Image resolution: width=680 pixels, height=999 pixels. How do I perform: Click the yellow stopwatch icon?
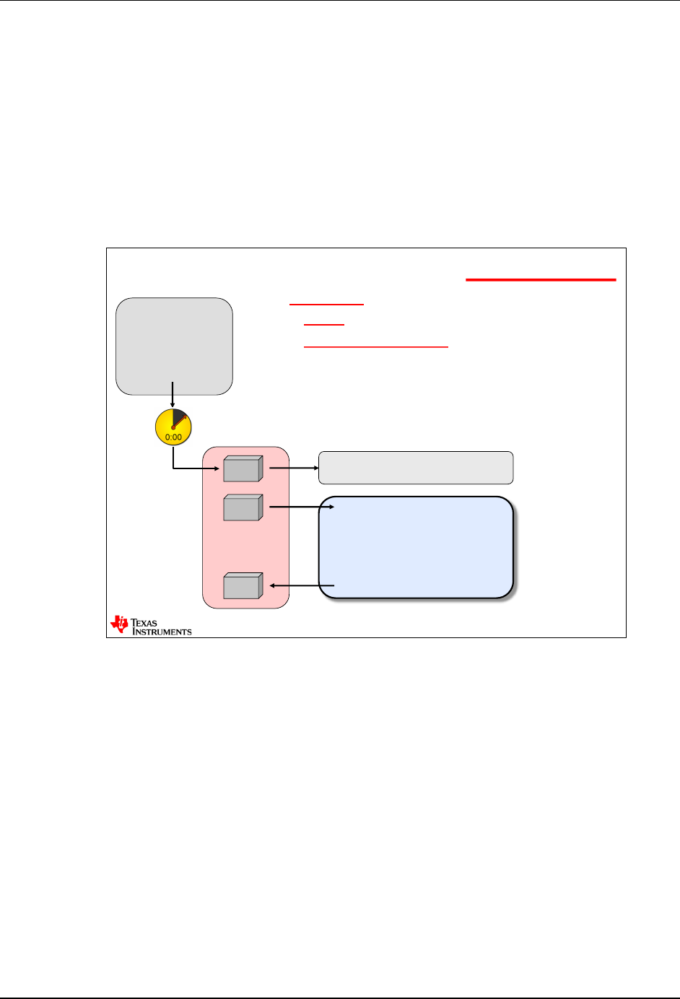coord(173,427)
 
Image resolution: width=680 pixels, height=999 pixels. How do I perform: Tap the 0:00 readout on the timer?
coord(173,437)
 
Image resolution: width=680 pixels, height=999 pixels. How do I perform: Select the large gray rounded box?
coord(174,346)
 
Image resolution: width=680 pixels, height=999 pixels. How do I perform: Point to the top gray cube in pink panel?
coord(243,469)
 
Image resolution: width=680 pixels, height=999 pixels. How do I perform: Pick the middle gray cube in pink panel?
coord(243,507)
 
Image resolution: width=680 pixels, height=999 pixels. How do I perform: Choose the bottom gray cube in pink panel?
coord(243,585)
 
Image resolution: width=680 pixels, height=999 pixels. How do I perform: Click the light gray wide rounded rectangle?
coord(416,468)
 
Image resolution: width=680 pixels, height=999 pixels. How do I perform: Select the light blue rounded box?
coord(416,547)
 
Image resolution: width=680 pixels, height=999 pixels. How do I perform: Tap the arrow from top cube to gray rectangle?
coord(293,468)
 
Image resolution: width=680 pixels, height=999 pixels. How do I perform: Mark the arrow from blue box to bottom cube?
coord(302,585)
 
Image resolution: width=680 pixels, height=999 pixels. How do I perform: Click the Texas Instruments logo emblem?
coord(119,625)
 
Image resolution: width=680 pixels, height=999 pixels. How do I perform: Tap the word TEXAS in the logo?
coord(144,622)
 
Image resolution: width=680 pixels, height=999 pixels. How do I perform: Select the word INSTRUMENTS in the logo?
coord(162,632)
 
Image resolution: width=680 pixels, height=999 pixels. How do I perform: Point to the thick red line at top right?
coord(541,279)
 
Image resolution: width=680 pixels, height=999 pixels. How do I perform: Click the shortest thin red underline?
coord(324,325)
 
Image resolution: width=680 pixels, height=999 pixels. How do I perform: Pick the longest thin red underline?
coord(376,347)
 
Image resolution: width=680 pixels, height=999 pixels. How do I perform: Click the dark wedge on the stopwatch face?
coord(180,417)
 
